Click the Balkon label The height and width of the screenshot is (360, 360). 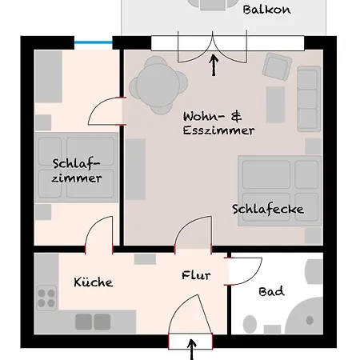266,10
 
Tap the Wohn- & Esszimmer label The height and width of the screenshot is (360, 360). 218,122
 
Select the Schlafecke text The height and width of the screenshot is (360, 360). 268,210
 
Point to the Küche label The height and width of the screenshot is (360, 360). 93,282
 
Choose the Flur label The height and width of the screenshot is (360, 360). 196,276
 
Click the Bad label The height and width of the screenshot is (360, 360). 271,292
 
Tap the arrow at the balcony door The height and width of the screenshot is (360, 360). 214,64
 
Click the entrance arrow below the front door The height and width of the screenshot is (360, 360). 191,349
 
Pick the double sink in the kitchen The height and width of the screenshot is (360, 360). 93,322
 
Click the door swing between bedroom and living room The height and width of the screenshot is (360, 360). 107,113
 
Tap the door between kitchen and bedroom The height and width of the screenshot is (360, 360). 99,235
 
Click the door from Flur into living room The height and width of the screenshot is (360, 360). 191,235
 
